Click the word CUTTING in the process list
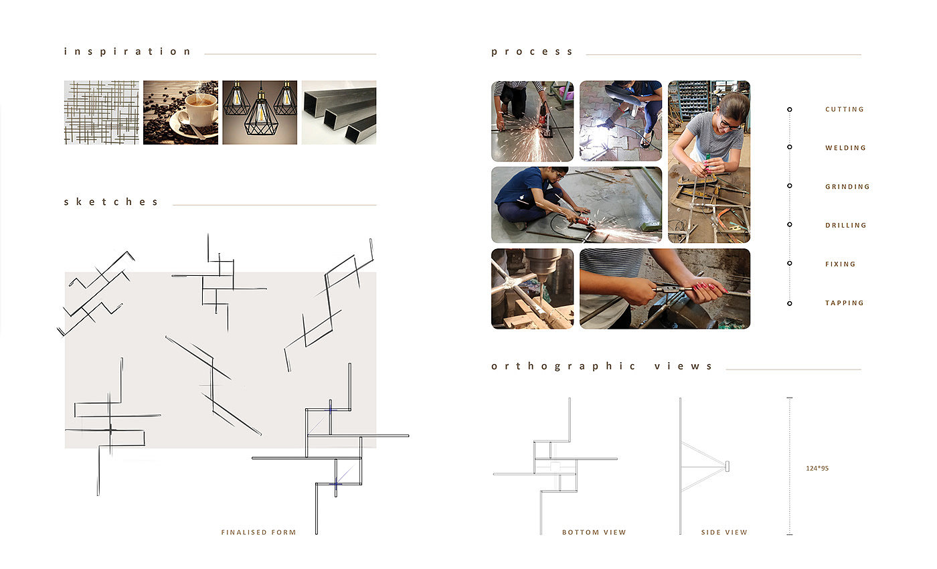[x=844, y=109]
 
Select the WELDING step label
[x=845, y=148]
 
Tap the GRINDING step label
[x=847, y=187]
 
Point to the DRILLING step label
[x=845, y=225]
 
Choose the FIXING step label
[x=841, y=264]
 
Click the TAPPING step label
[x=844, y=303]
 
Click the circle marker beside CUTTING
[x=789, y=110]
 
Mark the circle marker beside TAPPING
[x=789, y=303]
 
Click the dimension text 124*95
[x=817, y=468]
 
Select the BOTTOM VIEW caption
[x=594, y=532]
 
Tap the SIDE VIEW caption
[x=724, y=532]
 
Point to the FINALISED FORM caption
[x=258, y=532]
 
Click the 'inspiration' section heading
[x=128, y=52]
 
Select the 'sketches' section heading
[x=111, y=201]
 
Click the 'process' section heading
[x=531, y=52]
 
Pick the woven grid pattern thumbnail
[x=101, y=112]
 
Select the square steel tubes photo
[x=339, y=112]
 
